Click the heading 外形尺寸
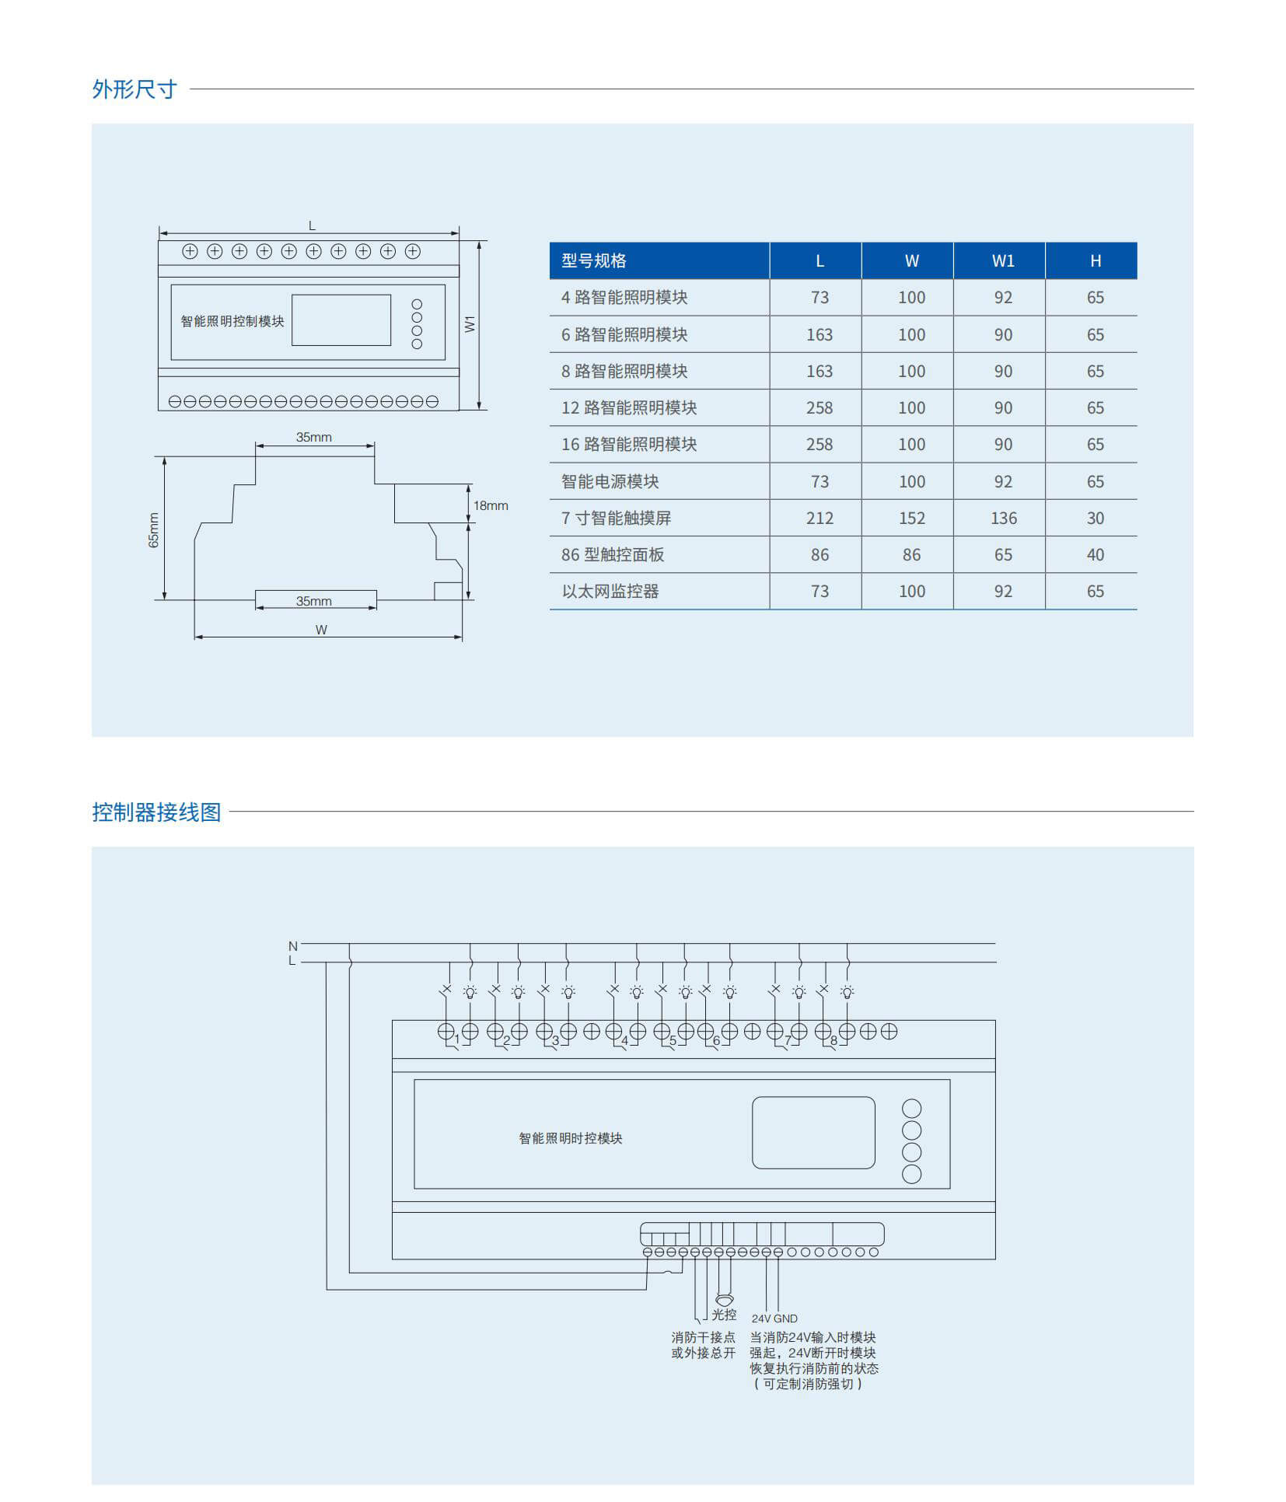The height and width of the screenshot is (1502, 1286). (135, 89)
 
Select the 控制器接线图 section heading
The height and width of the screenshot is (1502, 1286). (156, 812)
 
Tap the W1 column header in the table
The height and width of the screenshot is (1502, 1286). (1003, 261)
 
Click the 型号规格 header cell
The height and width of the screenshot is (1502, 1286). (594, 261)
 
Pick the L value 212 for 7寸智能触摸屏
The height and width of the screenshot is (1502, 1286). (819, 519)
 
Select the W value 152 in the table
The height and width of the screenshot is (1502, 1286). (911, 519)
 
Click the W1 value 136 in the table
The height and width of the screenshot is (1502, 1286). (1003, 519)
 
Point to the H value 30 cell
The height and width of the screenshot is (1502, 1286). (1095, 519)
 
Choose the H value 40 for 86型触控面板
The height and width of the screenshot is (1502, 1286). (1095, 555)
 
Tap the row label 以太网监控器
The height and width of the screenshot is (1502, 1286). (610, 592)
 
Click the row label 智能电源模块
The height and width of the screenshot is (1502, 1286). (610, 482)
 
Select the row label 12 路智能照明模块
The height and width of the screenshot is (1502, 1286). (629, 408)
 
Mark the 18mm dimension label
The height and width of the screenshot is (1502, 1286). (491, 506)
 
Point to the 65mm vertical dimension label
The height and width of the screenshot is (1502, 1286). (153, 530)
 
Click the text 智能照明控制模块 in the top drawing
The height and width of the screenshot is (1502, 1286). (232, 322)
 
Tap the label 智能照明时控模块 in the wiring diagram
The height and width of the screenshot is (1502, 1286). (571, 1139)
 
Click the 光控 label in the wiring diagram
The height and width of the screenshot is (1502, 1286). (724, 1315)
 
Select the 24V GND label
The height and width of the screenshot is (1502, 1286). (774, 1319)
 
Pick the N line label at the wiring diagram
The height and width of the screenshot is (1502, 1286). (293, 946)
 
